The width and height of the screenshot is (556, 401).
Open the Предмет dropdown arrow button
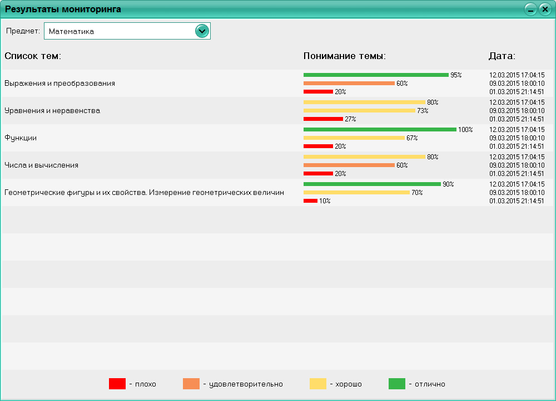click(202, 31)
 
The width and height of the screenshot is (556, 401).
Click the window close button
click(545, 9)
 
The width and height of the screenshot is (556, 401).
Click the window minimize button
click(530, 9)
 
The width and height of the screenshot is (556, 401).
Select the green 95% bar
click(376, 75)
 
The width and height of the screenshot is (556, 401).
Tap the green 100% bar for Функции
click(380, 129)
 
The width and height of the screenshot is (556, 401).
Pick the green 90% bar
click(372, 184)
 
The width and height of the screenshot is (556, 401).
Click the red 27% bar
click(323, 119)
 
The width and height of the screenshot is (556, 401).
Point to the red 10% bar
click(310, 200)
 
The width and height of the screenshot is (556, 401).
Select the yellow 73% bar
click(359, 110)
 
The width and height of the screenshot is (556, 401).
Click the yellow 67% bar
click(354, 138)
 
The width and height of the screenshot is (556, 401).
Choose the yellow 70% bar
click(356, 192)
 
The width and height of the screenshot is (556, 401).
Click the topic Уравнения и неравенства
click(52, 110)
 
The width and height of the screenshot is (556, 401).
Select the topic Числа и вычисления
click(41, 165)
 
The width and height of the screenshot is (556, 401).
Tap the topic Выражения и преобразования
click(59, 83)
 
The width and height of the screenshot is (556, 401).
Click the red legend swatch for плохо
click(117, 384)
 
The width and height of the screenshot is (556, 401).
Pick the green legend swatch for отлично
click(397, 384)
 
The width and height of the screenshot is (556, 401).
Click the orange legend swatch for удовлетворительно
click(191, 384)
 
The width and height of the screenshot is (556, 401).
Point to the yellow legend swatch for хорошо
click(318, 384)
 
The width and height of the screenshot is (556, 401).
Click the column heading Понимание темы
click(344, 56)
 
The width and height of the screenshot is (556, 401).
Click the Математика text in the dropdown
click(71, 32)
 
